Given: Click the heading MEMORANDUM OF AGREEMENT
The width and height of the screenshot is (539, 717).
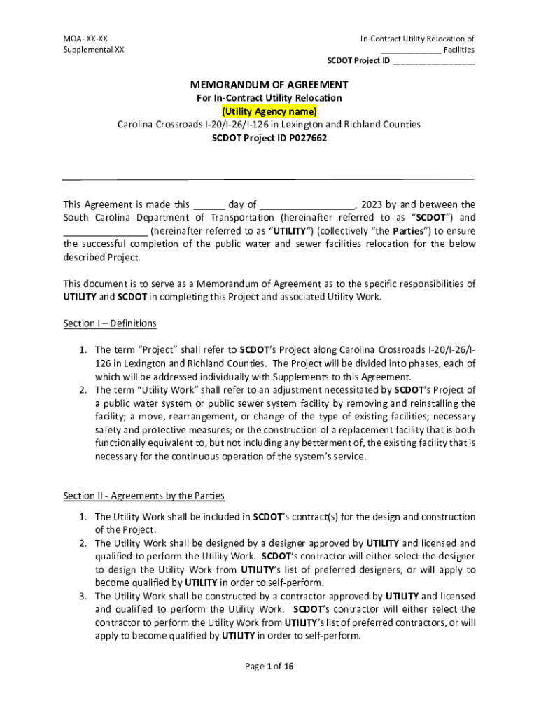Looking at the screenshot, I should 269,85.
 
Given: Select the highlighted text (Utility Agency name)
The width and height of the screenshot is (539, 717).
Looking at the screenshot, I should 269,111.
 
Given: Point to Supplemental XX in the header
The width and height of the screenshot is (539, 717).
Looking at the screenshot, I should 94,50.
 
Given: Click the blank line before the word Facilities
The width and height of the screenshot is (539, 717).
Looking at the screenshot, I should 410,50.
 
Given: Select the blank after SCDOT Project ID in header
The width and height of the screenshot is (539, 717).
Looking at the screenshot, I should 433,61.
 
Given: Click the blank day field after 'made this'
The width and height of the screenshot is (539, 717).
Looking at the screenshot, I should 209,205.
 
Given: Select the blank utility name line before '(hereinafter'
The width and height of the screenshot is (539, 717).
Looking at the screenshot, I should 105,231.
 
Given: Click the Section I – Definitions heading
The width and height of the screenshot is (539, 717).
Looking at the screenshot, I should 110,323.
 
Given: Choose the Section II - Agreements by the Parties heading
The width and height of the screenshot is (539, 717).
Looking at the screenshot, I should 143,496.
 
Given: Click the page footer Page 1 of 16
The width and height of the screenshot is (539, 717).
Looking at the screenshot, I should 269,666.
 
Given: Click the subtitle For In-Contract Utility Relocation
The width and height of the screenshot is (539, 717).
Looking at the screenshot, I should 269,98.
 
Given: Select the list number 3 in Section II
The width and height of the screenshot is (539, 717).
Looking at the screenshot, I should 82,596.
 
